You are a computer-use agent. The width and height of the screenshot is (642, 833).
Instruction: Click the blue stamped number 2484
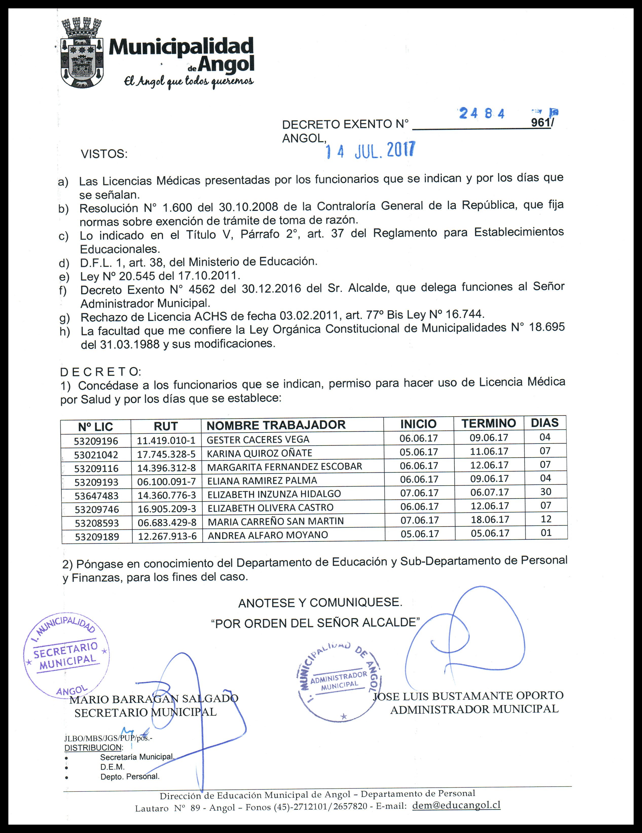482,113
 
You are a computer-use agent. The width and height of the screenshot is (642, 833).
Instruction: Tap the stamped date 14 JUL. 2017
370,151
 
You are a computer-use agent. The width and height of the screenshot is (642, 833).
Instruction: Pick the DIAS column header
544,423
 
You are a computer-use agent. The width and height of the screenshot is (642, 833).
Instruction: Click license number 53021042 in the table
96,455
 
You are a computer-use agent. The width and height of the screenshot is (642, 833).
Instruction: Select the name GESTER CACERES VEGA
258,439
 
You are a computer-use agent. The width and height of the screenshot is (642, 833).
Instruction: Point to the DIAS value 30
545,492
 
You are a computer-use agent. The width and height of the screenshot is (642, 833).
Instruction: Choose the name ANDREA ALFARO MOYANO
267,535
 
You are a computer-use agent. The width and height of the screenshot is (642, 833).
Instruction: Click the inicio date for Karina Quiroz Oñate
418,452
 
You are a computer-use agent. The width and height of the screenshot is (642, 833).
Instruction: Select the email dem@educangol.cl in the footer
456,805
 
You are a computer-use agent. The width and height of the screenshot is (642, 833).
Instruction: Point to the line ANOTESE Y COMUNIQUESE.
320,603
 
